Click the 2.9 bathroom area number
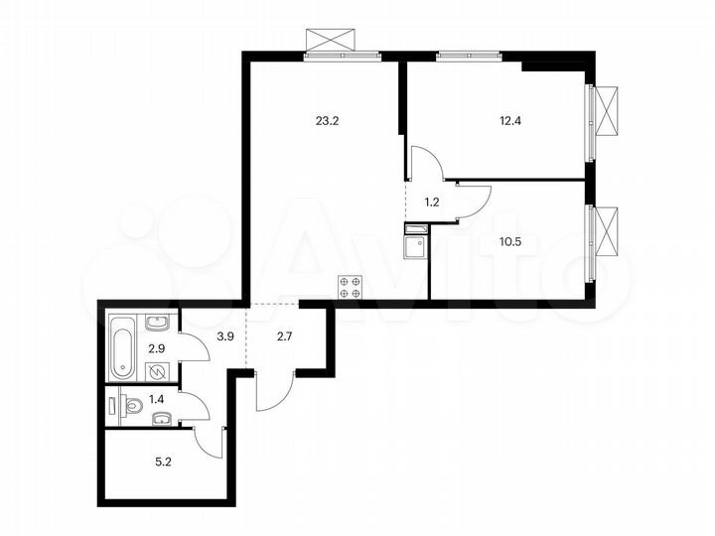[x=156, y=348]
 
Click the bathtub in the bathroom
[x=122, y=346]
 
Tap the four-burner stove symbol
[x=349, y=287]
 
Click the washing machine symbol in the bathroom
[x=157, y=371]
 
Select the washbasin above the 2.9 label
[x=157, y=322]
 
